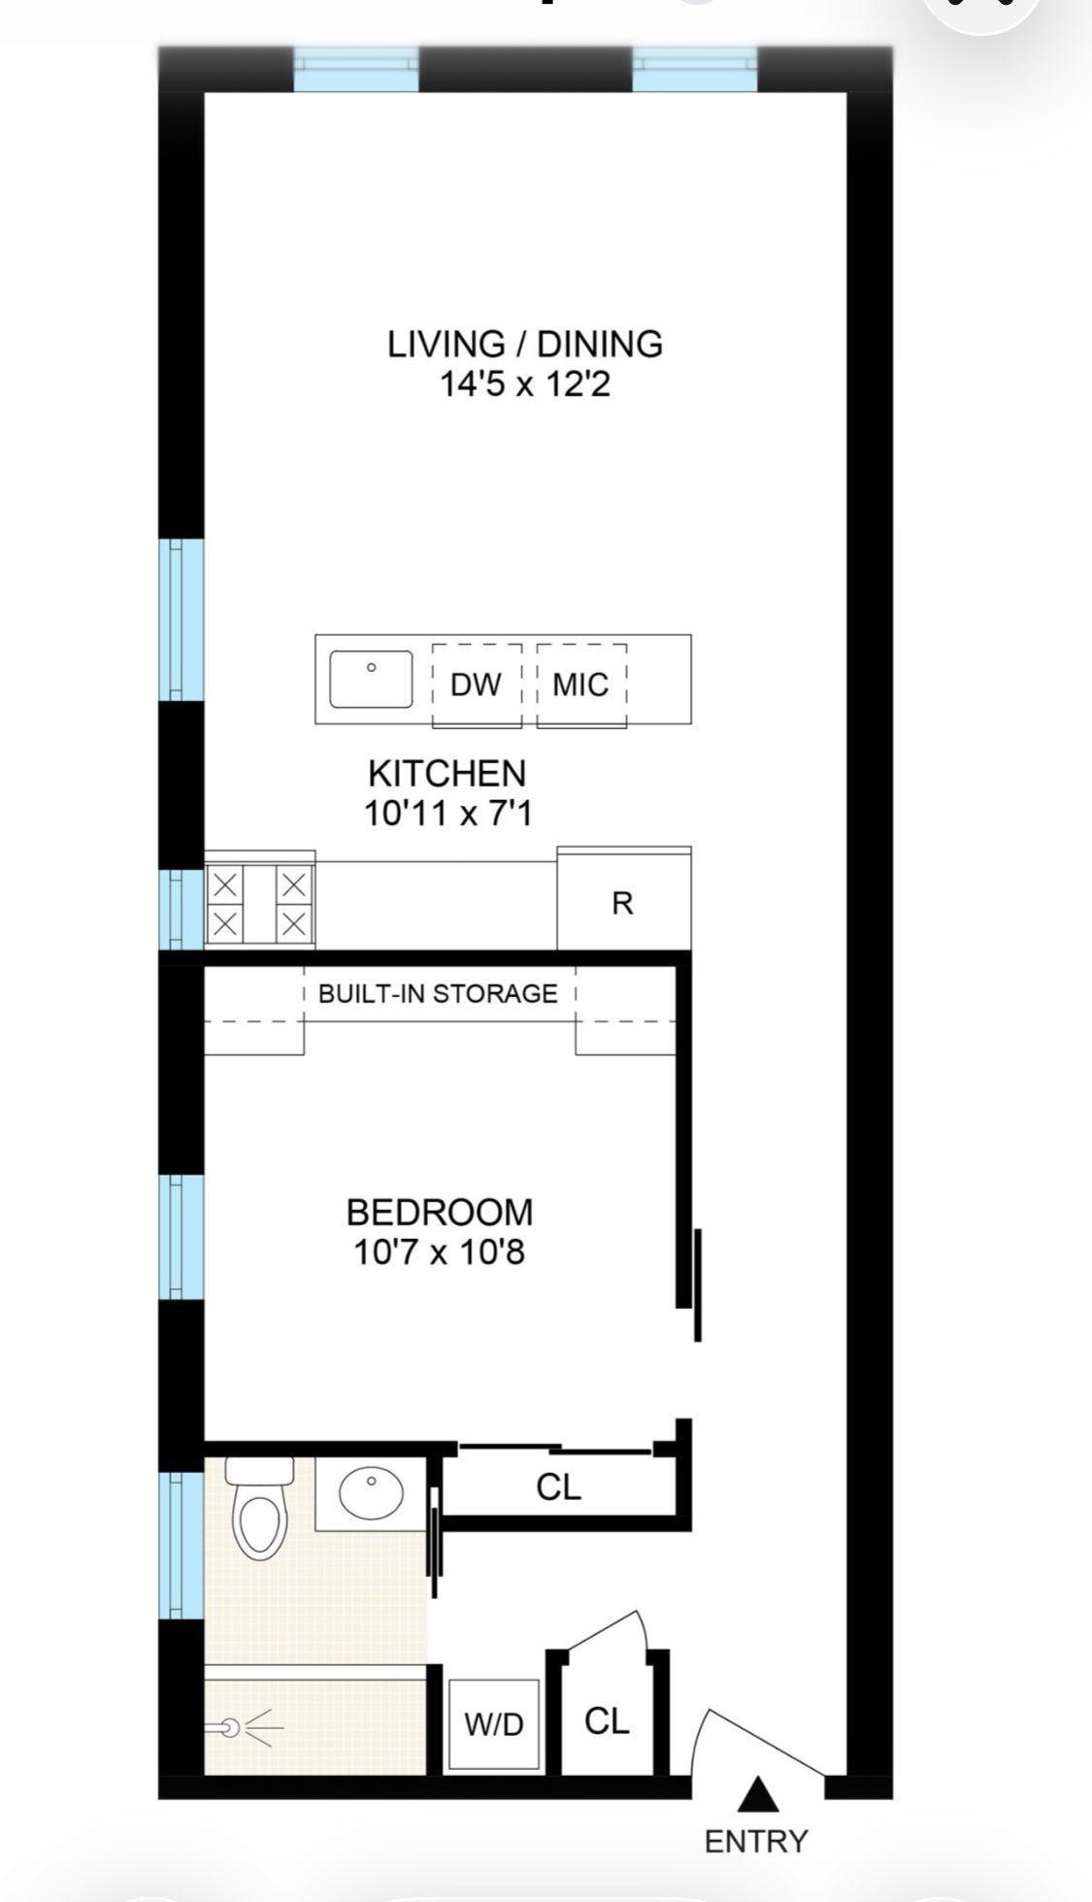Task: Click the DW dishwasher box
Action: (476, 684)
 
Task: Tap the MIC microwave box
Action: (580, 684)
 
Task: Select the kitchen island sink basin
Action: (371, 679)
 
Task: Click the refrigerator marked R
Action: (623, 902)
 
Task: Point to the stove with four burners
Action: (259, 904)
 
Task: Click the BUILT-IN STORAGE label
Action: (438, 993)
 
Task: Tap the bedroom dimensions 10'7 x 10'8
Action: (439, 1252)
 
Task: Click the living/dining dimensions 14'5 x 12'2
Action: (524, 384)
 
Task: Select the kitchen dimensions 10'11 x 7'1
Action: (447, 813)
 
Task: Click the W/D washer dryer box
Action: (493, 1724)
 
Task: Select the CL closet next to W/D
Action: (607, 1721)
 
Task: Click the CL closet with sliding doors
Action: (558, 1486)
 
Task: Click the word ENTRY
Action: (756, 1841)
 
